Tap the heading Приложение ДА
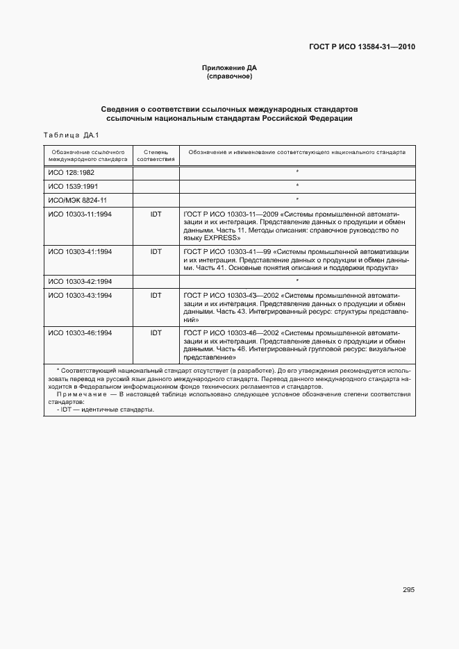(x=229, y=68)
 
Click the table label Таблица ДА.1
(x=72, y=135)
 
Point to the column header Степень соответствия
(x=156, y=155)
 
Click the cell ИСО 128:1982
(x=71, y=171)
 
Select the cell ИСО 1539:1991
(x=72, y=186)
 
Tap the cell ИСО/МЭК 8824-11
(x=76, y=200)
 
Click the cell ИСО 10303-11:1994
(x=79, y=214)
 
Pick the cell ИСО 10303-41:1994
(x=79, y=251)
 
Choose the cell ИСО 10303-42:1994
(x=79, y=281)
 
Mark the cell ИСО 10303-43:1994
(x=79, y=296)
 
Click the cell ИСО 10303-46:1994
(x=79, y=333)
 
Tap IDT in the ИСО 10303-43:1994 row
(x=156, y=296)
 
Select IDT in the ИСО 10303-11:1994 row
(x=156, y=214)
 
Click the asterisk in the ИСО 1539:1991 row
(x=297, y=186)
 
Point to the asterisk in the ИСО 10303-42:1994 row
(x=297, y=281)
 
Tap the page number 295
(x=408, y=590)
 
